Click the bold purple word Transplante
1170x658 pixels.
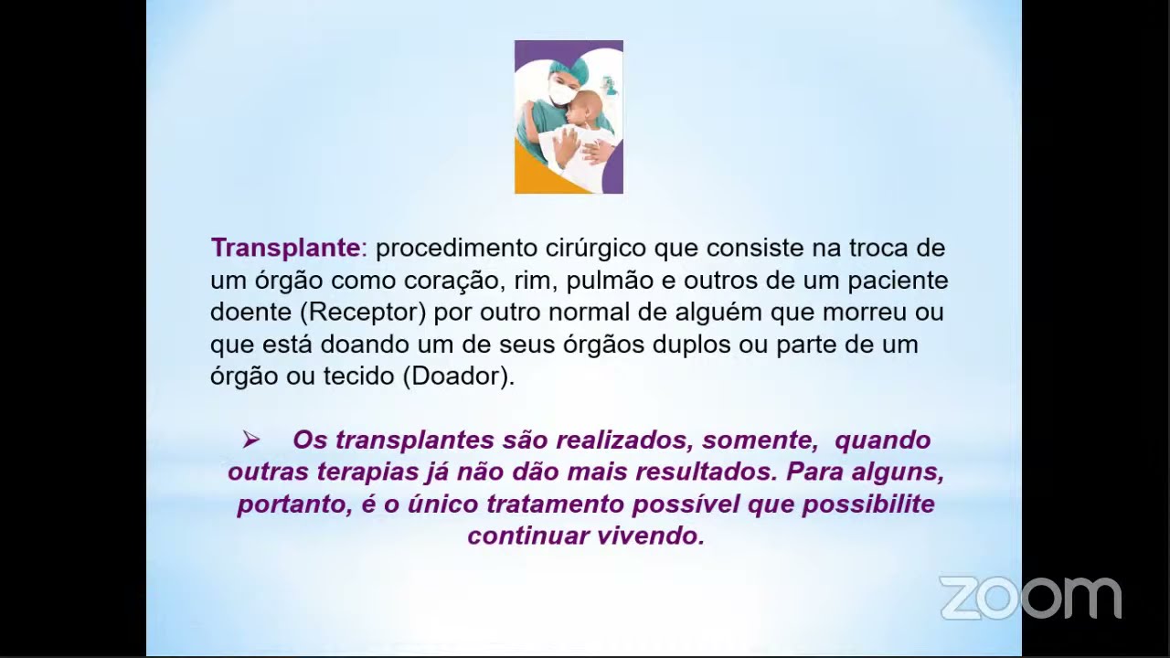(x=285, y=248)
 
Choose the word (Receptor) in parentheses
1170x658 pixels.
(x=363, y=312)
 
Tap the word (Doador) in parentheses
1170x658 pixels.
(x=458, y=377)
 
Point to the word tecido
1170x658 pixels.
(x=358, y=377)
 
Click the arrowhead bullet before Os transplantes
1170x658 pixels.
(x=250, y=440)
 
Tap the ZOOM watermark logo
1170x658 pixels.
(x=1030, y=598)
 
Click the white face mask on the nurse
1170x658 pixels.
(x=563, y=93)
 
